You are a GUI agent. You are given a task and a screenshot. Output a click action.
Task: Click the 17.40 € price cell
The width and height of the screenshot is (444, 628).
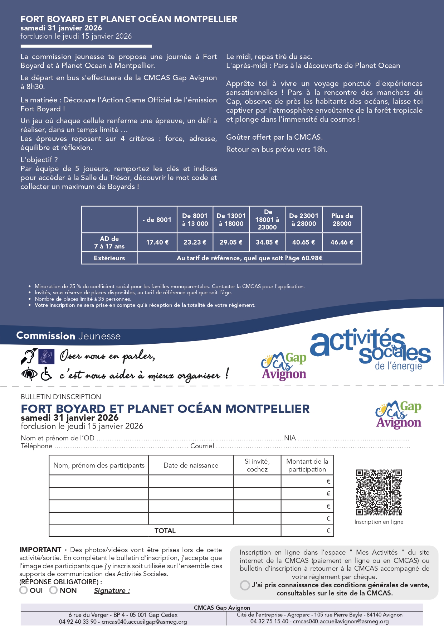[x=157, y=242]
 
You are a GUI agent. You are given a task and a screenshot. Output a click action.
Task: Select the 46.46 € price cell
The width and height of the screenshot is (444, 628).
[x=342, y=242]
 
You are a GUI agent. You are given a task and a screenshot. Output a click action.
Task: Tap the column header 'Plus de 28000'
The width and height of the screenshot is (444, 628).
[x=342, y=220]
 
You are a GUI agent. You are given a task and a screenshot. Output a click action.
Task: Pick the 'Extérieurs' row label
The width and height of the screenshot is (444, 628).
[x=109, y=258]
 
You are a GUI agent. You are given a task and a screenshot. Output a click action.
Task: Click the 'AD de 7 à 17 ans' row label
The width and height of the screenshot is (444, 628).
[x=109, y=242]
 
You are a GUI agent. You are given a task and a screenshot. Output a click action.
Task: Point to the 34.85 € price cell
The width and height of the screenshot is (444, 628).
[x=267, y=242]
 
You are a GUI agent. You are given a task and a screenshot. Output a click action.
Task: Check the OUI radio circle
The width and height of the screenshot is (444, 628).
[x=24, y=590]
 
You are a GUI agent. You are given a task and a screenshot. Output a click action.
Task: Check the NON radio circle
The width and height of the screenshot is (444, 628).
[x=53, y=590]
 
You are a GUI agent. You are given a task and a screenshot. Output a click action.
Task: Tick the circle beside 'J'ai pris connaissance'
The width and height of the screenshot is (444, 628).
[x=245, y=585]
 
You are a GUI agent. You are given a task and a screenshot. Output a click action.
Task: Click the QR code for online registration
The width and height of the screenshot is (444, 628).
[x=379, y=492]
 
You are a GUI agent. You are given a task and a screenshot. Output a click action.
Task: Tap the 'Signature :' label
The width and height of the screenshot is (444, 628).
[x=112, y=591]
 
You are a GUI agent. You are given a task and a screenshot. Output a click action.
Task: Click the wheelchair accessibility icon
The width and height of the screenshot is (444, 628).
[x=46, y=374]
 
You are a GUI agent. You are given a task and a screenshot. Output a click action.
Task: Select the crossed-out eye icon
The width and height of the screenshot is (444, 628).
[x=29, y=373]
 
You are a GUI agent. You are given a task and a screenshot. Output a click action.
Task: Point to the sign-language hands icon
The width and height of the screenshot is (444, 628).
[x=46, y=357]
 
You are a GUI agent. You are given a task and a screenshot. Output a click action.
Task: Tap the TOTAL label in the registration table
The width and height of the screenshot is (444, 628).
[x=165, y=531]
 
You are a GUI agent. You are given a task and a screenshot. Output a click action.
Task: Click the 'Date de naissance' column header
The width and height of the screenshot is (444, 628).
[x=191, y=465]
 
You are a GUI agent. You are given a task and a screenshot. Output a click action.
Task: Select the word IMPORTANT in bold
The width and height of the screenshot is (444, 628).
[x=40, y=550]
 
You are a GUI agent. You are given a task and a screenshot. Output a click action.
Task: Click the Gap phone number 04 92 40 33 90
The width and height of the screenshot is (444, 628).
[x=78, y=622]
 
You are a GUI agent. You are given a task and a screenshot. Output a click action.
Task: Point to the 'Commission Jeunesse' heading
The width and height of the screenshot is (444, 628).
[x=68, y=336]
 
